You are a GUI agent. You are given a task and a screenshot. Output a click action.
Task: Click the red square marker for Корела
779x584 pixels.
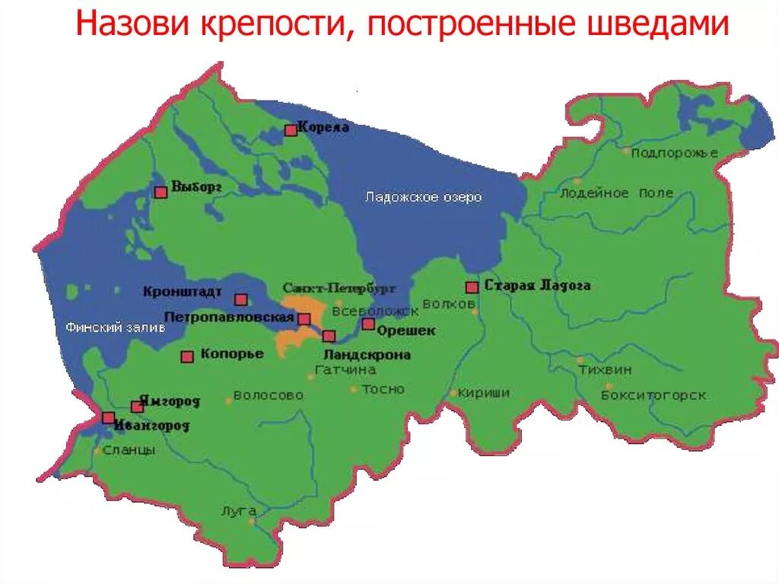coord(291,130)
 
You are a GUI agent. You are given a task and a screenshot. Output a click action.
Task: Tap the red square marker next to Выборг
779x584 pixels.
coord(161,192)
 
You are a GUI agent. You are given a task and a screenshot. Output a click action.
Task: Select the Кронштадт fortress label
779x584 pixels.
coord(182,292)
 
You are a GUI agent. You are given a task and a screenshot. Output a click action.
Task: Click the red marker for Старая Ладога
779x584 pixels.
coord(472,287)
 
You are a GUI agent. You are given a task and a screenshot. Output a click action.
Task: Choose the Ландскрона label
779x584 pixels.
coord(367,355)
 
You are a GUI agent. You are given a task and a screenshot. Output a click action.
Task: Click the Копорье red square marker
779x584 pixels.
coord(187,356)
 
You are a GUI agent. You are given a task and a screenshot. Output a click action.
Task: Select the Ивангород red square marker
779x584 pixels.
coord(109,417)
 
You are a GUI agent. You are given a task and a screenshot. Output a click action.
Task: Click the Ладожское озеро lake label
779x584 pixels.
coord(423,197)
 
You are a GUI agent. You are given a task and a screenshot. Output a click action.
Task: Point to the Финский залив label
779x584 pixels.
coord(104,327)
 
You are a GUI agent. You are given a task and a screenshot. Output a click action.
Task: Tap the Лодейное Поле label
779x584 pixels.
coord(616,193)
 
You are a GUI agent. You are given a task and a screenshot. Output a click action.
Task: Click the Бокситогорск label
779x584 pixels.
coord(653,395)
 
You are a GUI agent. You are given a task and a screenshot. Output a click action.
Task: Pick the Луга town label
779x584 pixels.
coord(239,512)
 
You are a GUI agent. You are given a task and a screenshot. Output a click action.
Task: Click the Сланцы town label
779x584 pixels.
coord(129,450)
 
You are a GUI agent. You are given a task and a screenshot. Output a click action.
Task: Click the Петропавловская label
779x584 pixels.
coord(228,316)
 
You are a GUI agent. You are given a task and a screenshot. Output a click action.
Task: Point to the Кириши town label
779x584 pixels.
coord(484,393)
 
